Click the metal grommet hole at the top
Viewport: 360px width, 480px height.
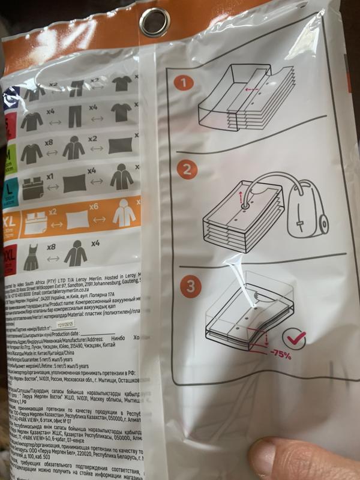click(x=155, y=23)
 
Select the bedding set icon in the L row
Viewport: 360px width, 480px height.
click(x=32, y=185)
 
